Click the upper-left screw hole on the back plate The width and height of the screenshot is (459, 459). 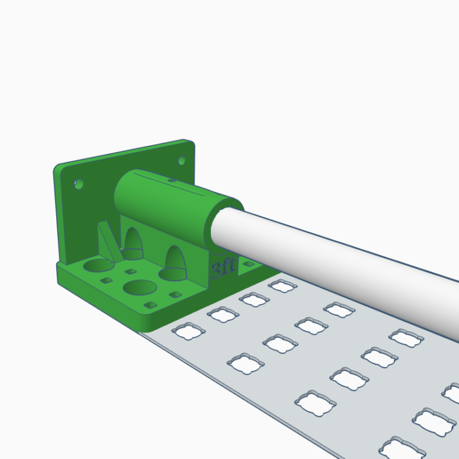78,184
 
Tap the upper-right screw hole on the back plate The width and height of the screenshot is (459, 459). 182,160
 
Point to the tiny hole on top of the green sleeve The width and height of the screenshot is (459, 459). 172,180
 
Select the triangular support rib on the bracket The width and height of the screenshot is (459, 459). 109,241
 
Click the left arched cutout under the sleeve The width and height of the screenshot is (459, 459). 133,244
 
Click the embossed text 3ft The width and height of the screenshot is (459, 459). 223,268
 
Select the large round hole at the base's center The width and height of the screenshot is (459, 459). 140,287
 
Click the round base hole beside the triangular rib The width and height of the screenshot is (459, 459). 99,265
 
